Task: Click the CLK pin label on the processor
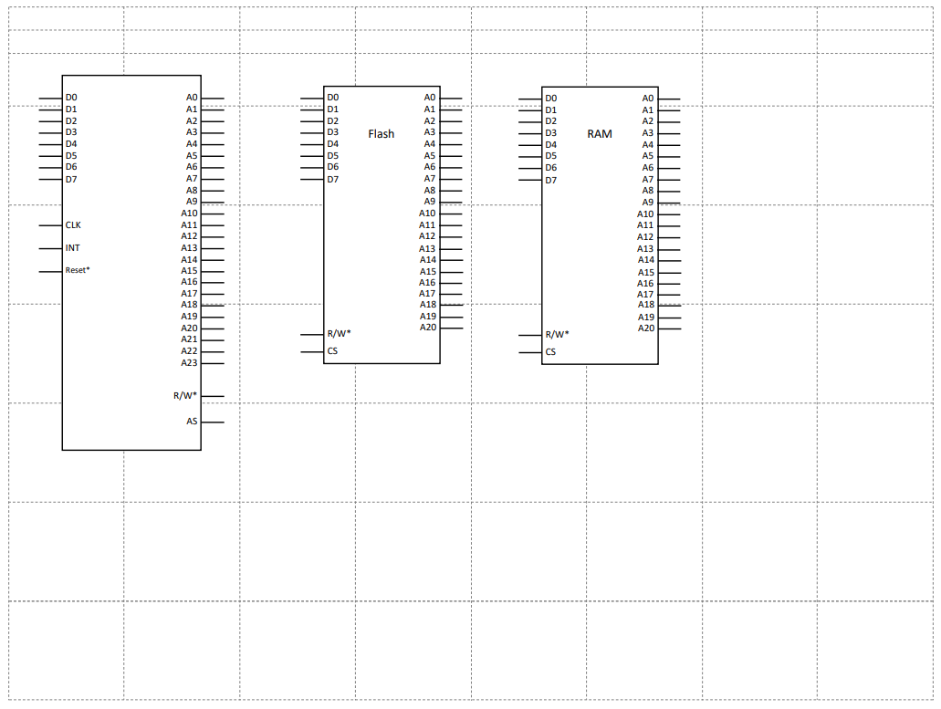(x=73, y=224)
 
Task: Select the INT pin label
(x=73, y=248)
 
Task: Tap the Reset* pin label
(x=78, y=271)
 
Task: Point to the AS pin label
(x=192, y=422)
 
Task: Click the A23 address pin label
(x=189, y=363)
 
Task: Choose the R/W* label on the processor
(x=185, y=396)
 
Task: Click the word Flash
(x=382, y=134)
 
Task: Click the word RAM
(x=600, y=134)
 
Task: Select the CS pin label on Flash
(x=333, y=351)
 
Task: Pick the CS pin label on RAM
(x=551, y=352)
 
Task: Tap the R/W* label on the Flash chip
(x=339, y=333)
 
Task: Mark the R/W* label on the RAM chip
(x=557, y=334)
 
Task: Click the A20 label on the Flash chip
(x=428, y=328)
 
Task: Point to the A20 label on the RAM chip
(x=646, y=328)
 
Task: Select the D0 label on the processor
(x=71, y=97)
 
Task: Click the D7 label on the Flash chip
(x=333, y=179)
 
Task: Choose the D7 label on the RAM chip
(x=551, y=180)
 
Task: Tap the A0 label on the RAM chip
(x=648, y=98)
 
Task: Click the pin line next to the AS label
(x=213, y=422)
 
